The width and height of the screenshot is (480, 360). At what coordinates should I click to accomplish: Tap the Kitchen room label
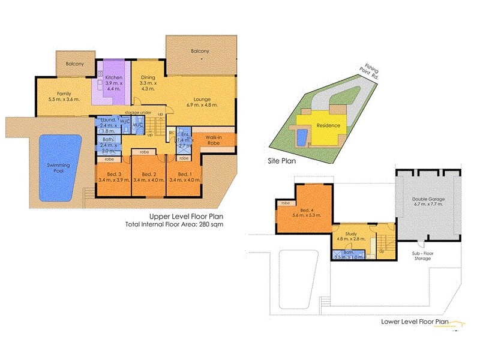click(113, 79)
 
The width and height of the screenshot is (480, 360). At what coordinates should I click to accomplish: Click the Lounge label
click(203, 100)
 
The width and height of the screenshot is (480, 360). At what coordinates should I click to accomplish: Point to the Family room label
click(64, 94)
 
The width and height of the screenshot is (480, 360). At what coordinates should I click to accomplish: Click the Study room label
click(351, 226)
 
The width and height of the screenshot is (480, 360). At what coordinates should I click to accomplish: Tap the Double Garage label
click(427, 199)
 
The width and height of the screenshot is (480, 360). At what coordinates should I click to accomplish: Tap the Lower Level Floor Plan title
click(415, 321)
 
